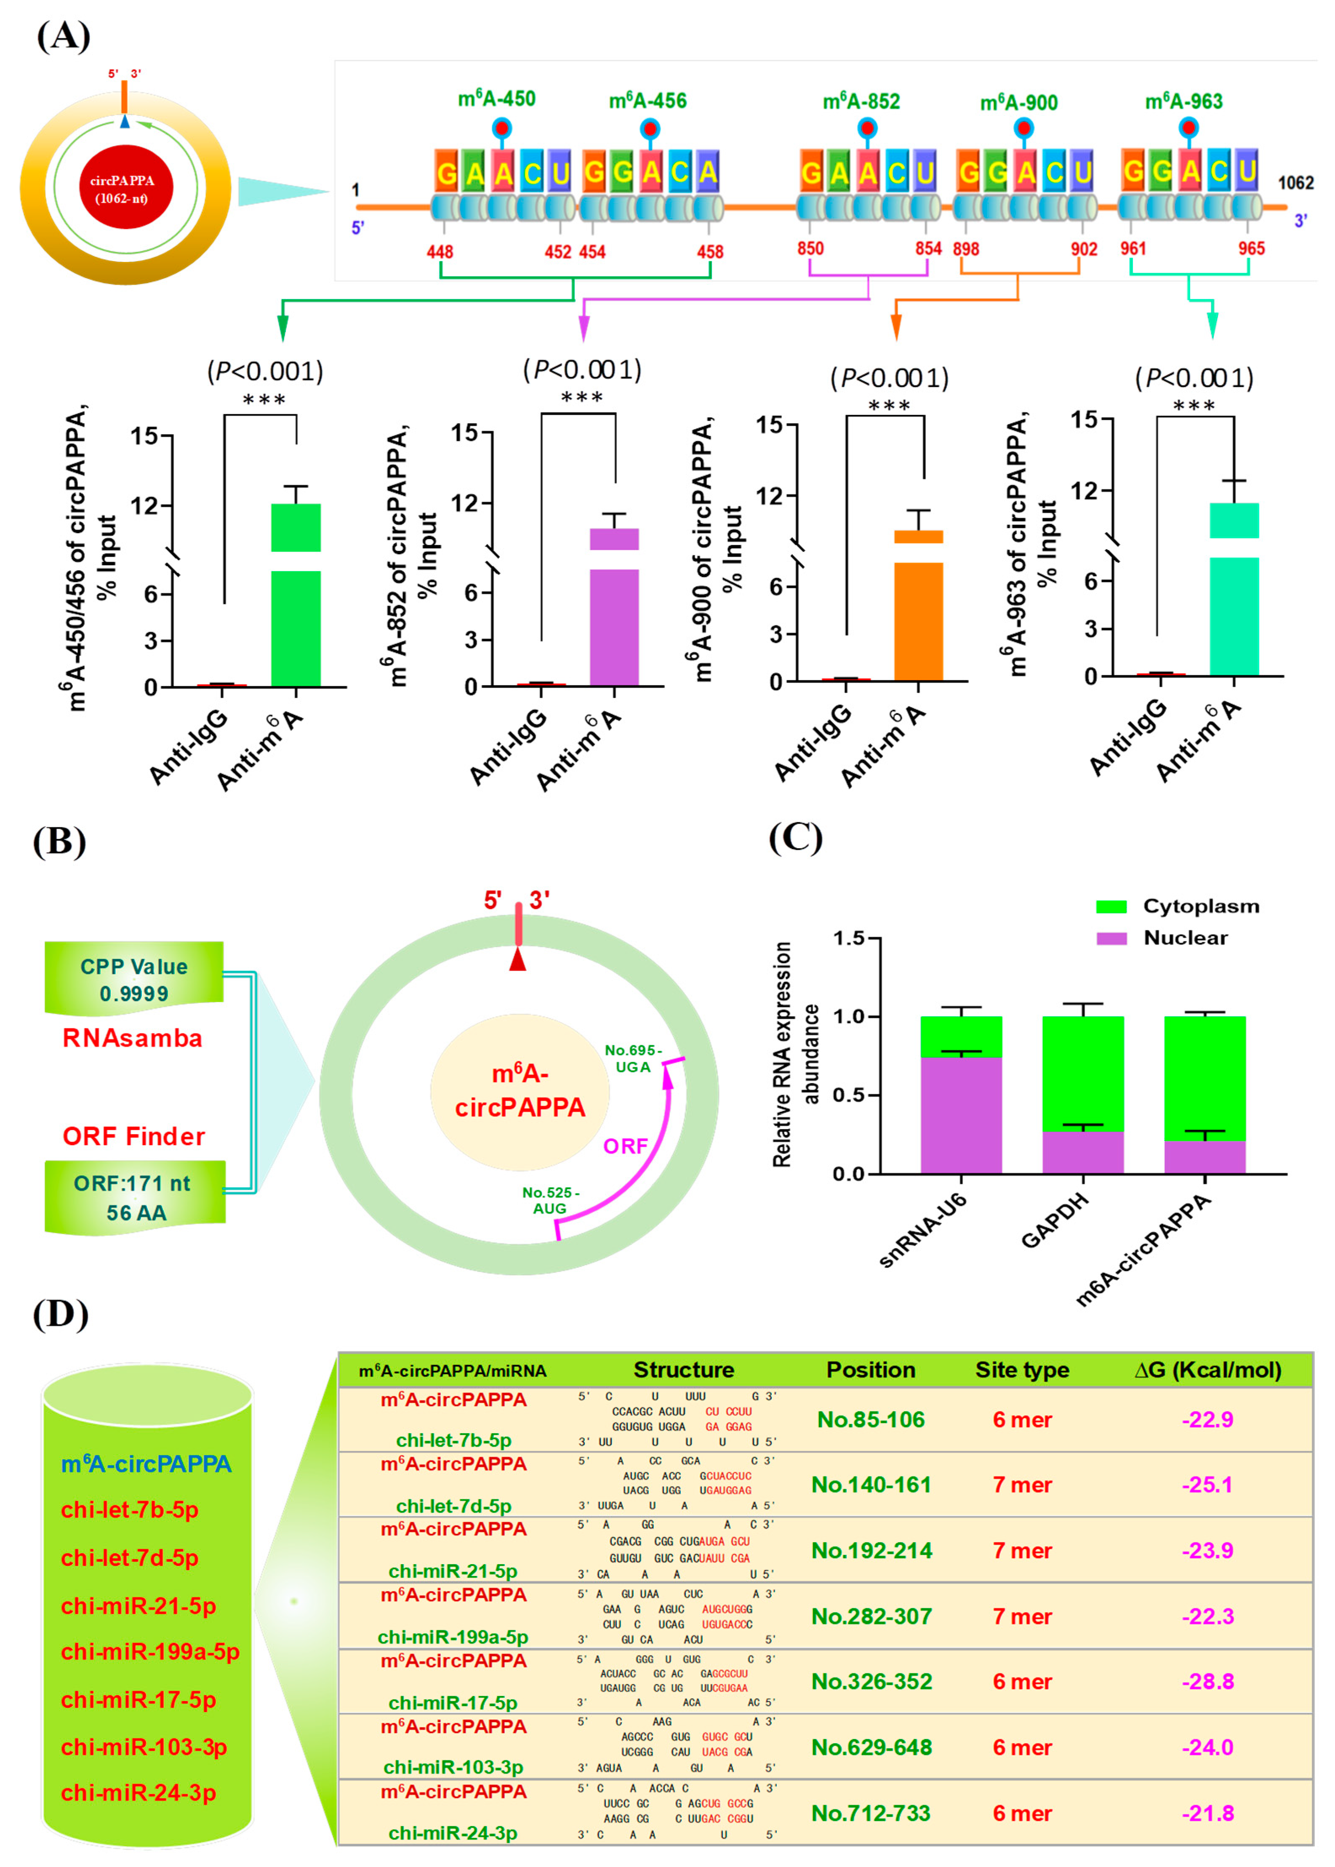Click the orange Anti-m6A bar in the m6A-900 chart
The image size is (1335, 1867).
coord(918,617)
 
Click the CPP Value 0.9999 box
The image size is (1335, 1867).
coord(134,979)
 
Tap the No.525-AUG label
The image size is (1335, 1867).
coord(550,1200)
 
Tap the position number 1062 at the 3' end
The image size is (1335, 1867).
coord(1295,182)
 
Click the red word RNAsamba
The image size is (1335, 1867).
coord(132,1038)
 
